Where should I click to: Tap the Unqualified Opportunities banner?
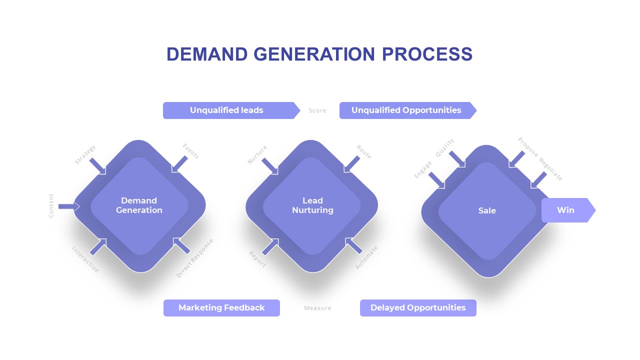coord(405,110)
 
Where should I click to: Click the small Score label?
coord(317,111)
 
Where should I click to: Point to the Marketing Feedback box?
coord(221,308)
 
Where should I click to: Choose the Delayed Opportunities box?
coord(418,308)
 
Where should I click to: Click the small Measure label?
coord(317,308)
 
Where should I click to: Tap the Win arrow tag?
coord(566,210)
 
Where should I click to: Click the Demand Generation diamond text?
coord(139,205)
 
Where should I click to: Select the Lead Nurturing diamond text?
coord(312,205)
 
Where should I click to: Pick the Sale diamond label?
coord(487,211)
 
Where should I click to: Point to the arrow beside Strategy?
coord(98,166)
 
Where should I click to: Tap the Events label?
coord(190,151)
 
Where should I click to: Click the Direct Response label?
coord(195,258)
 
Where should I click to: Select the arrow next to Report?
coord(270,246)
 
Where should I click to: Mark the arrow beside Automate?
coord(354,245)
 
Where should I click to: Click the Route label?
coord(364,152)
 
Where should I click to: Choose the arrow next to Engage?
coord(436,180)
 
